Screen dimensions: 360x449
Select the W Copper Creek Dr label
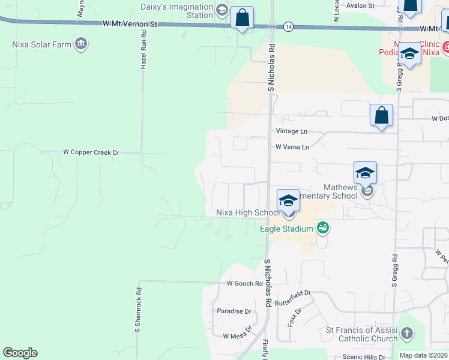[x=91, y=152]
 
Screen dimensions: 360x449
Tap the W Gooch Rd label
[x=245, y=283]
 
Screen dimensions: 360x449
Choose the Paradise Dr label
[x=234, y=311]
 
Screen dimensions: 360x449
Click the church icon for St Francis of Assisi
[x=406, y=333]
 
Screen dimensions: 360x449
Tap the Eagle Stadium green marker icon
[x=323, y=227]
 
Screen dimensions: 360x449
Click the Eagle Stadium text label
[x=286, y=229]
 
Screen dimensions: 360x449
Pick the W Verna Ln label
[x=292, y=147]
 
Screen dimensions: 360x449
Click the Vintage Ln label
[x=292, y=131]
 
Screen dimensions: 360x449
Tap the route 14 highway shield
[x=289, y=27]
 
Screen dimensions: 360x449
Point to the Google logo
[x=20, y=353]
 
